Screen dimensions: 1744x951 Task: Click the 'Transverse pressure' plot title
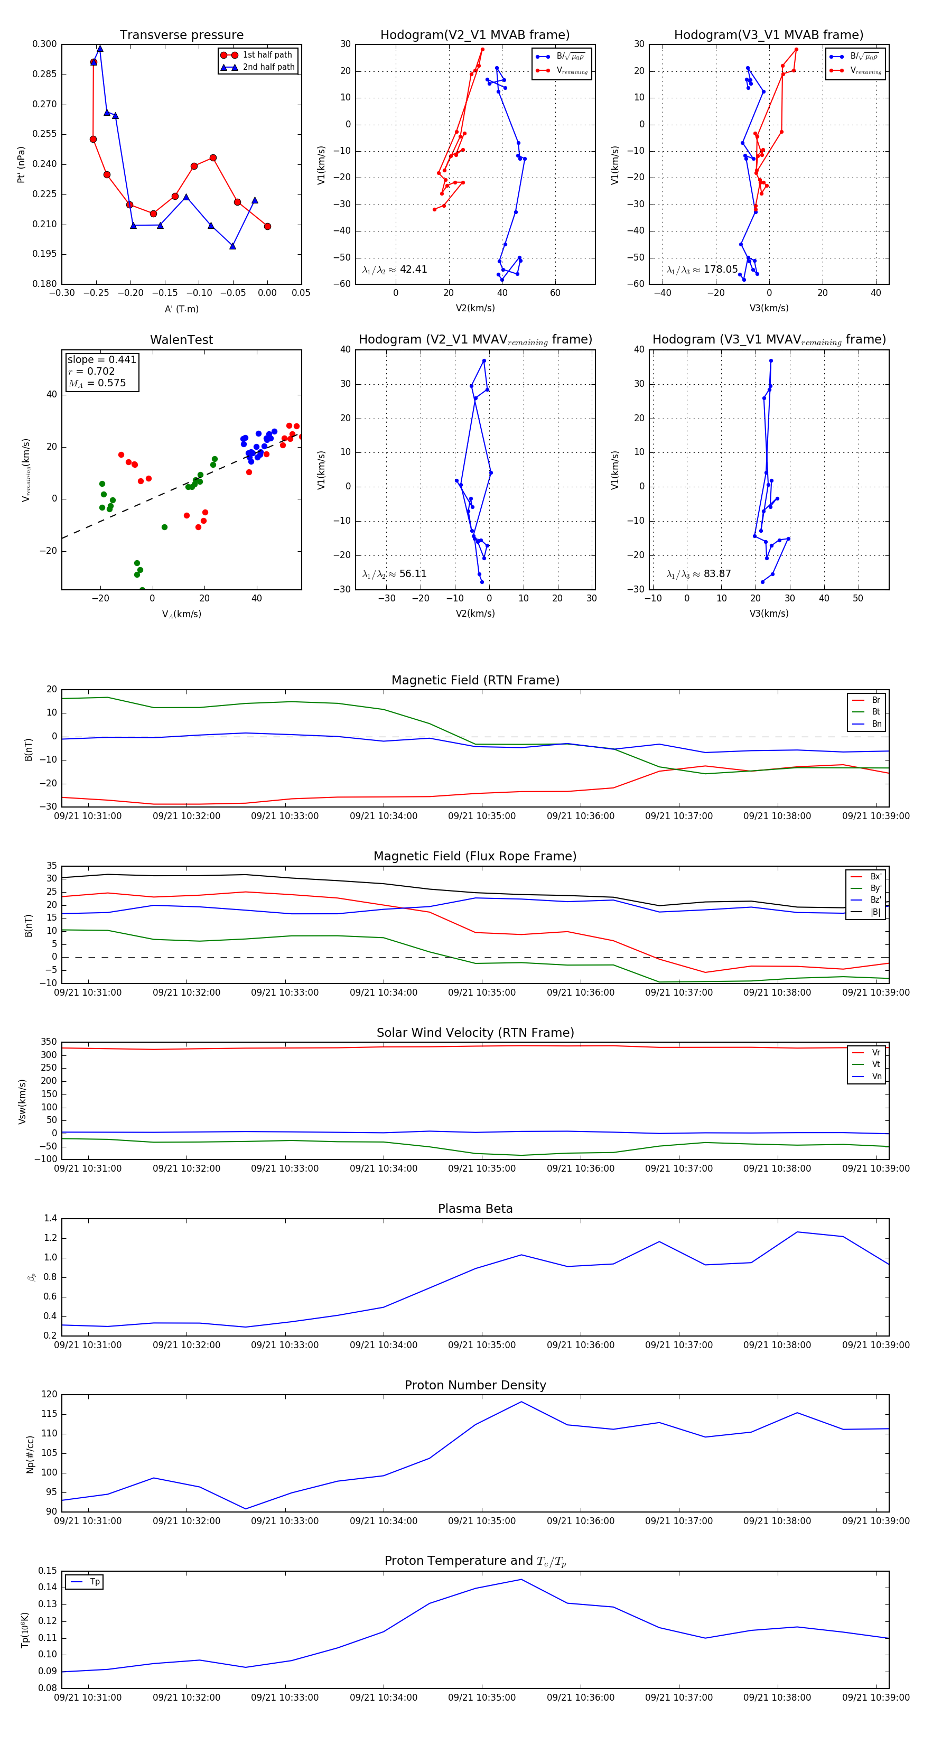[x=181, y=35]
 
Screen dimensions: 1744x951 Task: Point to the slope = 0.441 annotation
[x=101, y=359]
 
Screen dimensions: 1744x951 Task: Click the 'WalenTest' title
[x=181, y=340]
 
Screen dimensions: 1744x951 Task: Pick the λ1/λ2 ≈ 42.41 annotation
[x=395, y=270]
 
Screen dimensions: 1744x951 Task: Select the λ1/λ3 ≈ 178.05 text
[x=702, y=270]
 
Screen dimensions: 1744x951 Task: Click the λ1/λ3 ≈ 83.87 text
[x=698, y=574]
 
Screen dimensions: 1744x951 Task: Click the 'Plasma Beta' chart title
[x=475, y=1209]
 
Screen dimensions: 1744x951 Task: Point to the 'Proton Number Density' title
[x=475, y=1385]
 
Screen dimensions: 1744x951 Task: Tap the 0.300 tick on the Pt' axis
[x=45, y=44]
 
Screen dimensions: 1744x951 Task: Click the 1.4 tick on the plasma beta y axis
[x=50, y=1218]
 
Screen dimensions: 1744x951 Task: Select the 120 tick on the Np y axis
[x=50, y=1394]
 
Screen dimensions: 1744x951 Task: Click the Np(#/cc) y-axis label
[x=30, y=1453]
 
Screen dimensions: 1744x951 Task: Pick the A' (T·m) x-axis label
[x=181, y=309]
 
